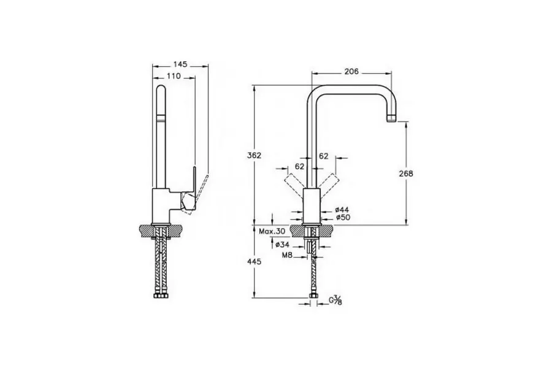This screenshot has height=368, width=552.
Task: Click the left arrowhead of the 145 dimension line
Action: (155, 65)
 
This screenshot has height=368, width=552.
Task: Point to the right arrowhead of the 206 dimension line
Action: (389, 74)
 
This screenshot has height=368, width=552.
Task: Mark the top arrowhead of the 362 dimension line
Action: (254, 88)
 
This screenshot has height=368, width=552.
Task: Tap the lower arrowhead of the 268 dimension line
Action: (406, 221)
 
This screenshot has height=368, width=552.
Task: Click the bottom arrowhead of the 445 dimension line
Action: (254, 295)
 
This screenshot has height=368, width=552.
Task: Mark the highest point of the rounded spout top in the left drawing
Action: (160, 85)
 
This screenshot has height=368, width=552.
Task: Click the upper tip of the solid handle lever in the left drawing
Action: (194, 167)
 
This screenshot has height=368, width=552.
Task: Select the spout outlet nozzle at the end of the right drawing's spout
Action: (391, 118)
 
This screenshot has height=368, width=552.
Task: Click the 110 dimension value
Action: (174, 76)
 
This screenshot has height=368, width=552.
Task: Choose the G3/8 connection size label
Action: (335, 300)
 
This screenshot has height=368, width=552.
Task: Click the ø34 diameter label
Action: (282, 244)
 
